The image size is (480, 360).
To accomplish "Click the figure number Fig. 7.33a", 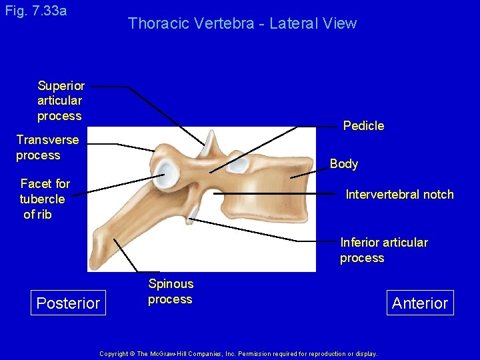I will tap(35, 11).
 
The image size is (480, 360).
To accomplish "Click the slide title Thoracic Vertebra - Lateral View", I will tap(242, 23).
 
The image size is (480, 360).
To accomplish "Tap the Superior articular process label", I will tap(61, 101).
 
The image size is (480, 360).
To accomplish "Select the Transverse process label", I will tap(47, 147).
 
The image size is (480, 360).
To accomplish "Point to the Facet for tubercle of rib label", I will tap(45, 199).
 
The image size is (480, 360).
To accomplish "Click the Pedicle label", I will tap(363, 125).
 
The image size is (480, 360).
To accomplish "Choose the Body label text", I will tap(344, 163).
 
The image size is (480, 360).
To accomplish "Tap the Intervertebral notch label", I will tap(399, 195).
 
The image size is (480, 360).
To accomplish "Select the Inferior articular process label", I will tap(384, 250).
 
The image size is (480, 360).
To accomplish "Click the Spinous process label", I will tap(171, 292).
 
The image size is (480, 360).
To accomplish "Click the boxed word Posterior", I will tap(68, 303).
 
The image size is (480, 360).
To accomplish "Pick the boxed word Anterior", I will tap(420, 303).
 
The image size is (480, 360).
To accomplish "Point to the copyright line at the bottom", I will tap(238, 353).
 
